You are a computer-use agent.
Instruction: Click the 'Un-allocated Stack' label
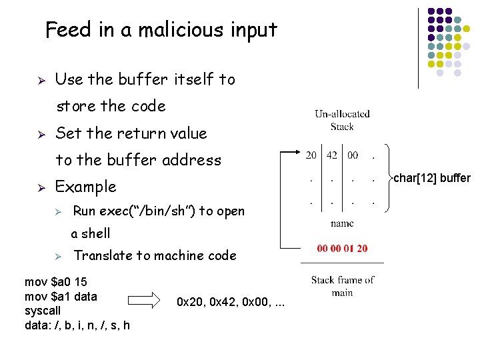pos(342,120)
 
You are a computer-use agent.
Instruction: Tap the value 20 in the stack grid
pos(311,155)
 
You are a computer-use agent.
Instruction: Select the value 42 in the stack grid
pos(332,155)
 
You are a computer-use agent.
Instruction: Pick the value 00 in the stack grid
pos(353,155)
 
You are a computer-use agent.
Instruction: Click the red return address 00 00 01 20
pos(342,249)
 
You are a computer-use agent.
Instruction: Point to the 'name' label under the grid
pos(342,223)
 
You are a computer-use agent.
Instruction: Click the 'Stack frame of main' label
pos(343,286)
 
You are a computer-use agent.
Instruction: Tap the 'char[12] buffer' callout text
pos(432,178)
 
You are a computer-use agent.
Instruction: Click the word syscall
pos(42,311)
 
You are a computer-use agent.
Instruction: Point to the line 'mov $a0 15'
pos(55,281)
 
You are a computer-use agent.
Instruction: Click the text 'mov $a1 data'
pos(61,296)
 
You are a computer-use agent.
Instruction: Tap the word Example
pos(85,187)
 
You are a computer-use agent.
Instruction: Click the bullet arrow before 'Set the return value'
pos(40,133)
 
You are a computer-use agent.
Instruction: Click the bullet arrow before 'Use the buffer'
pos(40,80)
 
